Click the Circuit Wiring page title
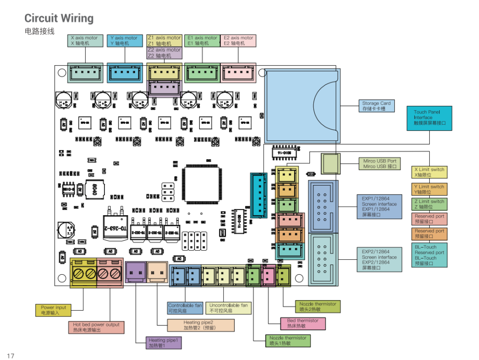tap(59, 19)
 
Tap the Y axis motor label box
tap(124, 41)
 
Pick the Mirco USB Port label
tap(380, 164)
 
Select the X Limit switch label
tap(430, 172)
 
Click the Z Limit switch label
tap(430, 204)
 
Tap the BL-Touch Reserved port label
tap(430, 255)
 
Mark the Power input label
tap(53, 310)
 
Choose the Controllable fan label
tap(185, 308)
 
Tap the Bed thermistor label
tap(302, 324)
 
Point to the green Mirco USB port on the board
tap(330, 163)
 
